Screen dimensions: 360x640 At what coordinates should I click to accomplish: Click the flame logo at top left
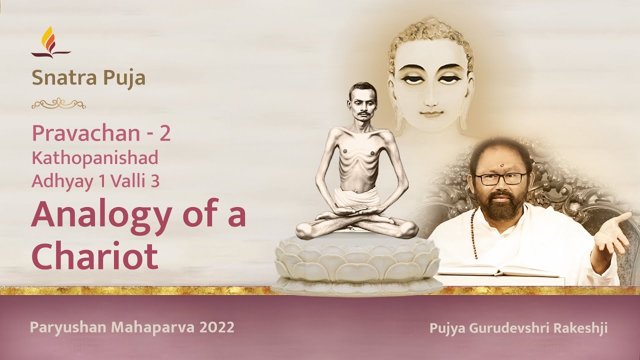point(50,42)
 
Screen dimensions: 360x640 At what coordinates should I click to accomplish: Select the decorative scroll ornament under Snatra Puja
point(58,103)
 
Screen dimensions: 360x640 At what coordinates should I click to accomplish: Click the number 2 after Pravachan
point(164,133)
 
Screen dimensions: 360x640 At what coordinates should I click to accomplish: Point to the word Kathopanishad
point(95,158)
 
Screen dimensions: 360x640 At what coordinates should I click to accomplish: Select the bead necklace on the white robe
point(472,235)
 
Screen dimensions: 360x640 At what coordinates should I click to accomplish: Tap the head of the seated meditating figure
point(363,102)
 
